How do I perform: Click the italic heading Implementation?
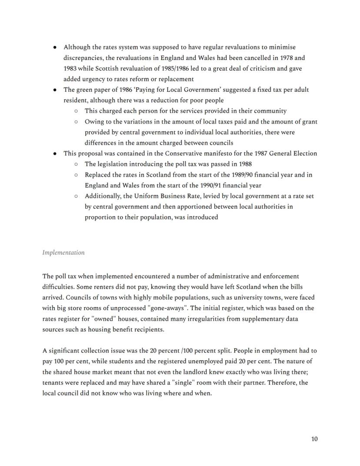coord(63,253)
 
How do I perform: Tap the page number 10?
coord(314,439)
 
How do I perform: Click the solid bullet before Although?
coord(54,47)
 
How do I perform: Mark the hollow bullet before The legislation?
coord(76,164)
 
